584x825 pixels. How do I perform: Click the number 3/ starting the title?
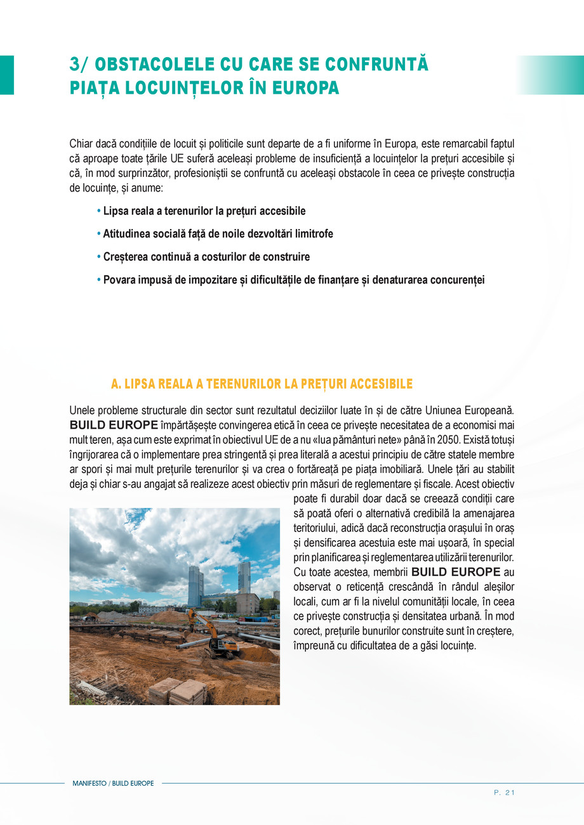(x=79, y=65)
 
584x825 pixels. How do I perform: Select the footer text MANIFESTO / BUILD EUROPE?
(x=113, y=784)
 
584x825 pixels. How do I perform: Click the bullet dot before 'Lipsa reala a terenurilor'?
(x=98, y=211)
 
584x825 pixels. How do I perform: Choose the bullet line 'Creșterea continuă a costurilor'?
(x=206, y=257)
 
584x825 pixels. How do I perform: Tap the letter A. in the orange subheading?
(x=116, y=384)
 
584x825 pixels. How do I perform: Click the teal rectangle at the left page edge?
(x=6, y=75)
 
